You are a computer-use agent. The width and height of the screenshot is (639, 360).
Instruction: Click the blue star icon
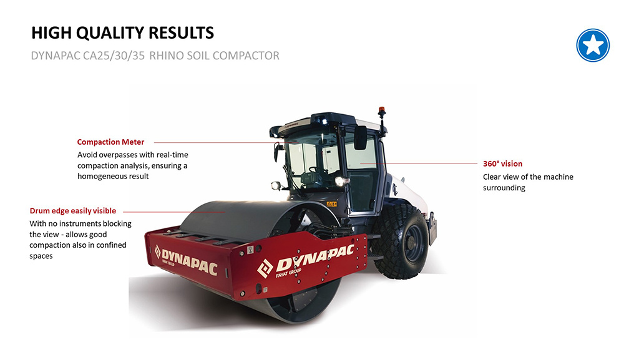(x=592, y=45)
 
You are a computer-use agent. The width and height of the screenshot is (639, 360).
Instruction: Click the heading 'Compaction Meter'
(x=110, y=142)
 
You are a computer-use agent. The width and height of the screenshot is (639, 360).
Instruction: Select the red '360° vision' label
(x=502, y=164)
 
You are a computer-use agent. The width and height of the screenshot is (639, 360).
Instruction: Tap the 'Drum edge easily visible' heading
(x=73, y=211)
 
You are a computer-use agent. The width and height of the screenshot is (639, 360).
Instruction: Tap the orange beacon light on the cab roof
(x=382, y=112)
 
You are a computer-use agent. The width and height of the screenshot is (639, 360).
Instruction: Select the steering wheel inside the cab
(x=316, y=169)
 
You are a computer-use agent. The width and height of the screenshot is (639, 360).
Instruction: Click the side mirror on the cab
(x=360, y=137)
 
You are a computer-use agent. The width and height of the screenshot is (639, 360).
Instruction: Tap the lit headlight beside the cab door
(x=339, y=180)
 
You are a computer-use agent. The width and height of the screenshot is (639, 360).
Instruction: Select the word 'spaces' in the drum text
(x=41, y=256)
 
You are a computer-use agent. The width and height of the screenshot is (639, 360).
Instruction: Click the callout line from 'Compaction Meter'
(x=212, y=142)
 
